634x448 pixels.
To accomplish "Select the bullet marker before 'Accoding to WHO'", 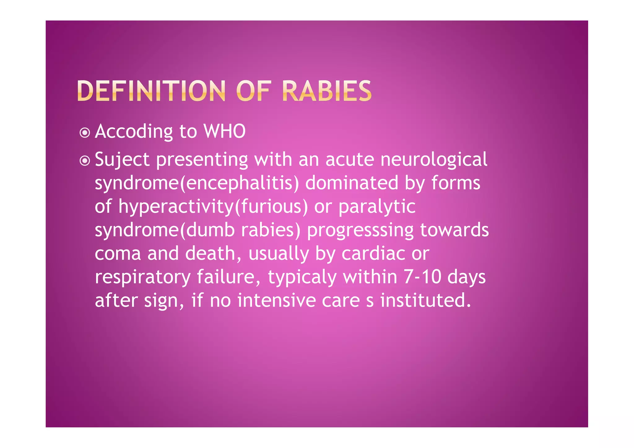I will (85, 133).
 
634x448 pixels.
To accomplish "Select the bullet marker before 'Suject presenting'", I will (85, 161).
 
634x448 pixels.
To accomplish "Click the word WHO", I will (224, 131).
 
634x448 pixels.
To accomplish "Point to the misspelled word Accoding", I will (134, 132).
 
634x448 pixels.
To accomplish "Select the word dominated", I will (351, 183).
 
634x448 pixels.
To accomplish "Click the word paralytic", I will (376, 207).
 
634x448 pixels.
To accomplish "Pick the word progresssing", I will (360, 230).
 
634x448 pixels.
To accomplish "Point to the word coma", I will (118, 254).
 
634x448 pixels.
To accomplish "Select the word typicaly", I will (302, 277).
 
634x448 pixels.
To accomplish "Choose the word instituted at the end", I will (425, 300).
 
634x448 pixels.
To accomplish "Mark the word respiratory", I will (142, 277).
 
